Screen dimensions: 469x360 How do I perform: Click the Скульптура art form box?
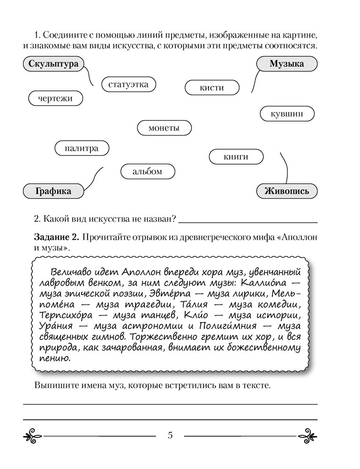tap(52, 64)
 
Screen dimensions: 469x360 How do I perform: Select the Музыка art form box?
tap(286, 64)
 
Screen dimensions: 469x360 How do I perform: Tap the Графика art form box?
tap(53, 191)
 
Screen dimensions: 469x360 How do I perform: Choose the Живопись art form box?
tap(287, 191)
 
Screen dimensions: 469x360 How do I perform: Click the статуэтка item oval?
tap(128, 84)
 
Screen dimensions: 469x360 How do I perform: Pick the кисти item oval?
tap(212, 88)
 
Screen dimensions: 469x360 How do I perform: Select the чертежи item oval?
tap(55, 98)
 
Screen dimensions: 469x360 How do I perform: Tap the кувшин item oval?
tap(287, 114)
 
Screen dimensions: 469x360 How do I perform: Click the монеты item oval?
tap(164, 128)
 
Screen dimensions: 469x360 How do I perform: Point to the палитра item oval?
tap(82, 149)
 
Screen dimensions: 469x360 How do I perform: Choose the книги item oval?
tap(236, 157)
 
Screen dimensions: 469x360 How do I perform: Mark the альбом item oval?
tap(147, 172)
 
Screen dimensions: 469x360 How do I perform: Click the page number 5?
tap(170, 435)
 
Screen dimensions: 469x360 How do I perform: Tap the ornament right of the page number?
tap(307, 435)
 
